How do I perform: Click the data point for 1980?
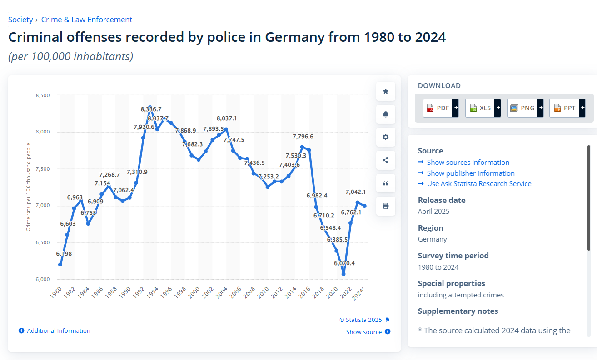tap(60, 264)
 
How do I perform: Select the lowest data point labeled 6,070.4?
tap(343, 274)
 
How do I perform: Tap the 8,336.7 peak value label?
tap(151, 109)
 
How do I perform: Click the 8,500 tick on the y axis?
tap(42, 95)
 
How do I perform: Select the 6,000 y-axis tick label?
tap(42, 279)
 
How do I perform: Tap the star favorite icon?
tap(386, 91)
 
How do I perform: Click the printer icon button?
tap(386, 206)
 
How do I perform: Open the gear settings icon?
tap(386, 137)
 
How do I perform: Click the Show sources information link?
tap(468, 163)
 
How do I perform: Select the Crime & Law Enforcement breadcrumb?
tap(87, 20)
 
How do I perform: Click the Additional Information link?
tap(59, 331)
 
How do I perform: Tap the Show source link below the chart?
tap(364, 332)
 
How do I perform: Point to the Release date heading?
tap(442, 200)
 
